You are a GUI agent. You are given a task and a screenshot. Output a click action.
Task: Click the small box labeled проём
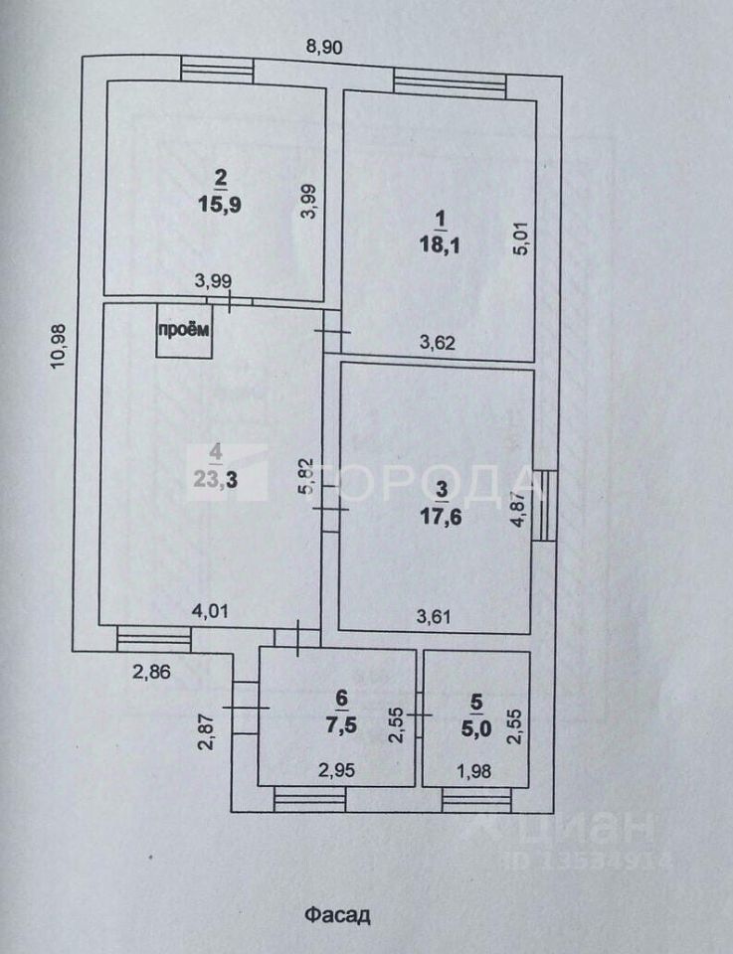point(184,334)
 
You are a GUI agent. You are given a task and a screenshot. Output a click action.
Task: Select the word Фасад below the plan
point(337,913)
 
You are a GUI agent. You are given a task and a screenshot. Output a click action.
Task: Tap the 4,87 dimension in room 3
point(516,514)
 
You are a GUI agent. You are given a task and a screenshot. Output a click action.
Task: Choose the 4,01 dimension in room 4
point(210,611)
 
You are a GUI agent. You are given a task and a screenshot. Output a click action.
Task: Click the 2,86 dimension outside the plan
point(153,672)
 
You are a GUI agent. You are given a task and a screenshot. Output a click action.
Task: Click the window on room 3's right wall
point(543,504)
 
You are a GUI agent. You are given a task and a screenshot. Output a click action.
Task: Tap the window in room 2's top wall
point(217,70)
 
